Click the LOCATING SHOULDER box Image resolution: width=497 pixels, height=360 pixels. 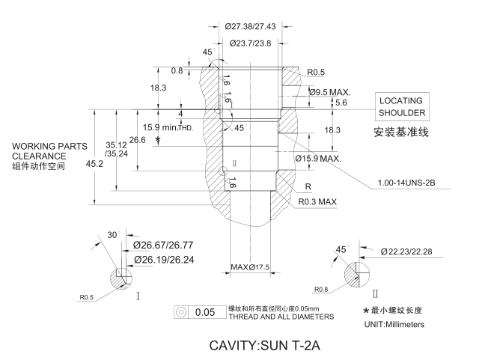pyautogui.click(x=401, y=107)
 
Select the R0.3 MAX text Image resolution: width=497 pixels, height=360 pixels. pyautogui.click(x=318, y=201)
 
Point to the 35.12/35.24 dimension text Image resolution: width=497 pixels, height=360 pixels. pyautogui.click(x=115, y=149)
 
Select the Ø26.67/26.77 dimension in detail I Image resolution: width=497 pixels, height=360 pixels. pyautogui.click(x=163, y=245)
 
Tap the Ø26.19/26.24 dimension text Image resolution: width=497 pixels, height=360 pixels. pyautogui.click(x=163, y=259)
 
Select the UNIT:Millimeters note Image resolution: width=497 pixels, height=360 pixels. pyautogui.click(x=393, y=324)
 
